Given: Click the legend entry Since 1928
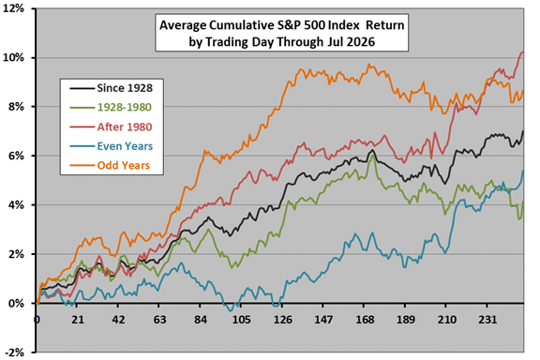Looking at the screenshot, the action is [x=125, y=88].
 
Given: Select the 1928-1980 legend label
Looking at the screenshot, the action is [x=125, y=108].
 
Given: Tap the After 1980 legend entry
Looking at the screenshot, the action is [x=125, y=127].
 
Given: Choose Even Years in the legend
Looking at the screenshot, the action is [x=125, y=146].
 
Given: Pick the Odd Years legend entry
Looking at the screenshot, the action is [x=124, y=165].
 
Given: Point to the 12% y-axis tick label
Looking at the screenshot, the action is [x=14, y=8].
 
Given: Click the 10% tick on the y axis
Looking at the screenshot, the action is [x=14, y=57].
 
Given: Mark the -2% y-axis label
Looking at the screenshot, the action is [x=15, y=352].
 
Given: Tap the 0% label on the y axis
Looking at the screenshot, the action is [x=17, y=303].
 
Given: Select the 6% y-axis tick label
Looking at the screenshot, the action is [x=17, y=156].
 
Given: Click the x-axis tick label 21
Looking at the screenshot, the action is [x=78, y=320].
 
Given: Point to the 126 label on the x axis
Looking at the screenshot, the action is [x=283, y=320].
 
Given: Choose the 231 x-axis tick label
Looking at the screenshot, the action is [x=487, y=320].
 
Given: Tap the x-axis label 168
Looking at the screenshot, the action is [x=365, y=320].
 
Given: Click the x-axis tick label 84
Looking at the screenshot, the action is [x=201, y=320].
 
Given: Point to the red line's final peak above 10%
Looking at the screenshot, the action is [x=523, y=52].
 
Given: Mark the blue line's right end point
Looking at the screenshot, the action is [x=523, y=171].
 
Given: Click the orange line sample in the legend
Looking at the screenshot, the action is [x=82, y=165].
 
